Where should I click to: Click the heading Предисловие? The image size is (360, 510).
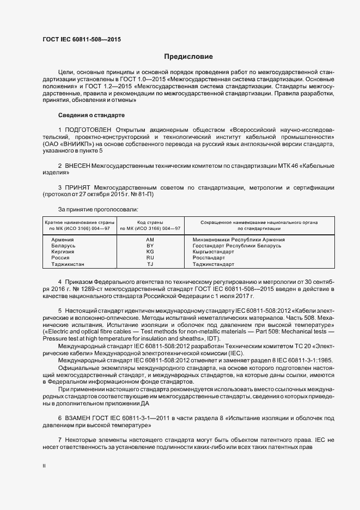pos(188,57)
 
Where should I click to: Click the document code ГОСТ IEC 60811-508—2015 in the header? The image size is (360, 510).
pos(82,40)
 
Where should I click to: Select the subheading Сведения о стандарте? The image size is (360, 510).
pos(91,116)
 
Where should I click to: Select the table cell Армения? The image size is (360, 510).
pos(63,240)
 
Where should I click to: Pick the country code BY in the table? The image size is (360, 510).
pos(150,246)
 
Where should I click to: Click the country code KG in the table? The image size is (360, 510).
pos(150,252)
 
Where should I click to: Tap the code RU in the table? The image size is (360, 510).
pos(150,258)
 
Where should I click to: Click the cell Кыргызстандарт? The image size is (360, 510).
pos(213,252)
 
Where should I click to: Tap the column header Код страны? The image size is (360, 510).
pos(150,222)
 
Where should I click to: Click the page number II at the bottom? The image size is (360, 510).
pos(44,466)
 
